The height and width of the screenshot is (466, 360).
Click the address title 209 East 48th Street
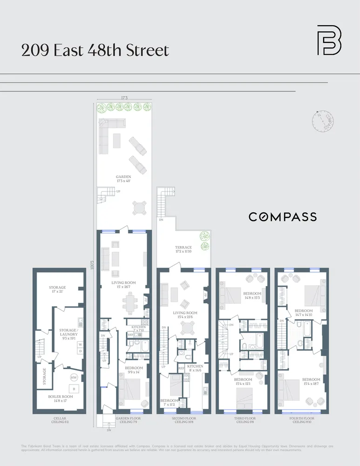[95, 50]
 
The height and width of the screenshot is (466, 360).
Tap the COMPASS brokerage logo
[282, 217]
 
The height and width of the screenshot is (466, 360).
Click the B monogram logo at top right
[329, 40]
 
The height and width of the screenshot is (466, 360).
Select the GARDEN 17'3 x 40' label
[123, 179]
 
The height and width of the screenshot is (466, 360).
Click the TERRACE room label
[183, 249]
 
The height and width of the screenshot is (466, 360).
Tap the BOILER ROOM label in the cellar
[61, 398]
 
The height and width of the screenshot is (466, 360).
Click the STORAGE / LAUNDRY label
[67, 334]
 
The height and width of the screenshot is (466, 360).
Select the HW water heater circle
[74, 377]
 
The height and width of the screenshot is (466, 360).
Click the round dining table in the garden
[139, 208]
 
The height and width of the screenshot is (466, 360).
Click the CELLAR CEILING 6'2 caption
[60, 420]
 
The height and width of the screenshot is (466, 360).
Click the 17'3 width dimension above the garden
[124, 98]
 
